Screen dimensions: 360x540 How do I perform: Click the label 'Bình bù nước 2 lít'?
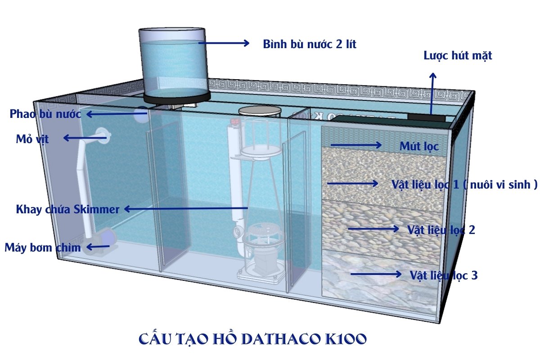310,45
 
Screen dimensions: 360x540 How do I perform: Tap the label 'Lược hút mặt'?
458,56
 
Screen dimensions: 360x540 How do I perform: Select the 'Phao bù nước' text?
45,114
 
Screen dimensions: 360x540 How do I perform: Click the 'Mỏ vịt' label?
32,139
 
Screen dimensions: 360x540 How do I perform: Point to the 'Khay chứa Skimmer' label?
68,209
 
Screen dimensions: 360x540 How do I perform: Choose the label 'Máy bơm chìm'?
43,247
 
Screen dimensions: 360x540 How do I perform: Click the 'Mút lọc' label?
418,146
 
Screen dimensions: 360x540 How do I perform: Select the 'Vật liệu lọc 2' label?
441,230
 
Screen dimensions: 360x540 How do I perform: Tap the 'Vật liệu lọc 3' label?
443,275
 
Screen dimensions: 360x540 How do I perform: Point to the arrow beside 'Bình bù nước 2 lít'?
224,43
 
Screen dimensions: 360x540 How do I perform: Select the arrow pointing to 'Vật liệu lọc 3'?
376,274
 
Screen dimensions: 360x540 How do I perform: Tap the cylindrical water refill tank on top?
173,63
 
